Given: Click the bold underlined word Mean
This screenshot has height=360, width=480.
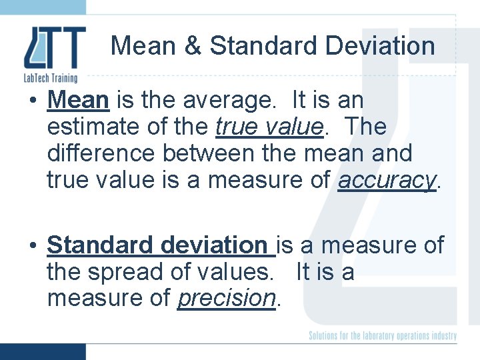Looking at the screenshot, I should pyautogui.click(x=78, y=101).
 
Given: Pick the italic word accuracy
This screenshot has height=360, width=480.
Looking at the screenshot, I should pyautogui.click(x=386, y=179).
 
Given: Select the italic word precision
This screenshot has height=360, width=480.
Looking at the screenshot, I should pyautogui.click(x=227, y=298).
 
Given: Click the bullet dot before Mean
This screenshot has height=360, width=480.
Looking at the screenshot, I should pyautogui.click(x=32, y=101).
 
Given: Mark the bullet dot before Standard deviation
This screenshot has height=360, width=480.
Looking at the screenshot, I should pyautogui.click(x=32, y=246).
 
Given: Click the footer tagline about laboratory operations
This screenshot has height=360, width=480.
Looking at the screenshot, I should pyautogui.click(x=383, y=335).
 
